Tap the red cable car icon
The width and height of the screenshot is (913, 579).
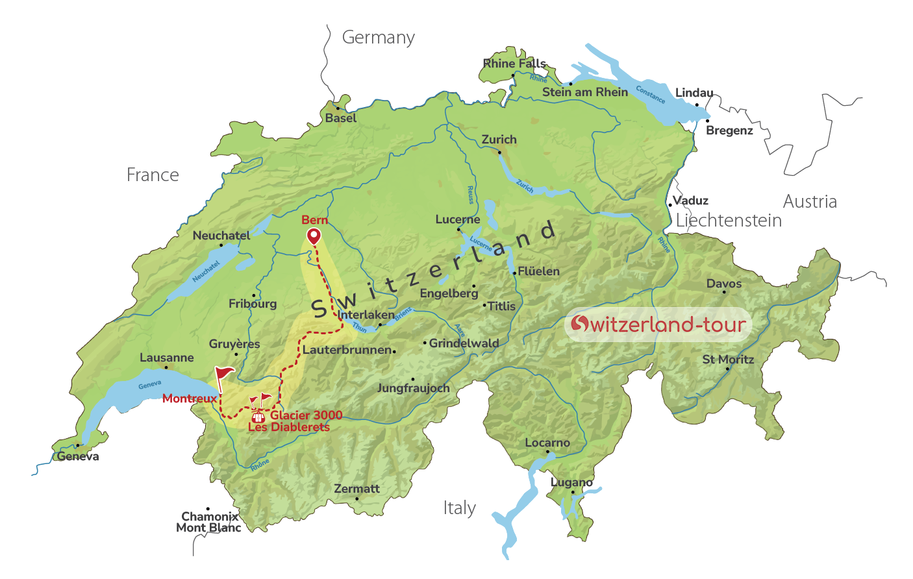click(258, 417)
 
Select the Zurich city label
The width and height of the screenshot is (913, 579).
click(499, 140)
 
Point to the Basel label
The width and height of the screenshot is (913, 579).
click(341, 118)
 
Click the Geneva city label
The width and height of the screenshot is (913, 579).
click(78, 456)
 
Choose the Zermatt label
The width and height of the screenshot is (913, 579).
click(356, 489)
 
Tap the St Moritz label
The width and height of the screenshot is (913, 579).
click(728, 359)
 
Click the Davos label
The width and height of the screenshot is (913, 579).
click(724, 284)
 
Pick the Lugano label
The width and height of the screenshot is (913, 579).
click(571, 482)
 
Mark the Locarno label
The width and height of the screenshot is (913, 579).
click(547, 443)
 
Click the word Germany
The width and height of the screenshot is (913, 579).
click(379, 38)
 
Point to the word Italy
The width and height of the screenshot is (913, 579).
click(460, 508)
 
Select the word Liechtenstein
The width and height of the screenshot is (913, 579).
click(729, 221)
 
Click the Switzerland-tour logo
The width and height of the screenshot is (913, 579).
click(658, 324)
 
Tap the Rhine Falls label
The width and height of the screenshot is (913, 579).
click(514, 64)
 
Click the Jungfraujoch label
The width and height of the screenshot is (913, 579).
click(414, 388)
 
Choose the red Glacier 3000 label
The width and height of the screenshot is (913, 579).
click(306, 415)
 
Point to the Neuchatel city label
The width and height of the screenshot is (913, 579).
click(221, 236)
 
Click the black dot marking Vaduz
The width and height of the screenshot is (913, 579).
click(670, 205)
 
